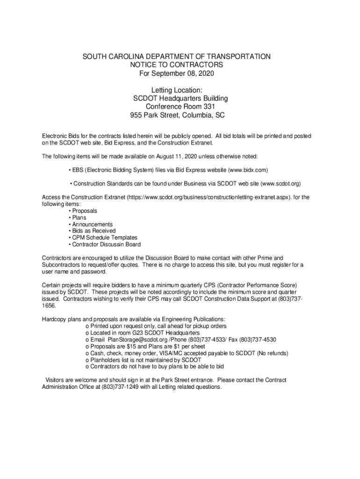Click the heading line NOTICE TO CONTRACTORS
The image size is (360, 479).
tap(176, 65)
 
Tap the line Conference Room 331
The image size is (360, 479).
tap(176, 107)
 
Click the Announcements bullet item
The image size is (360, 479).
tap(92, 225)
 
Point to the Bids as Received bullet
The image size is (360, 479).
tap(94, 231)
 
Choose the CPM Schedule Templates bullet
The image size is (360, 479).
tap(105, 238)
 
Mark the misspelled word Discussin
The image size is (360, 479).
tap(111, 244)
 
